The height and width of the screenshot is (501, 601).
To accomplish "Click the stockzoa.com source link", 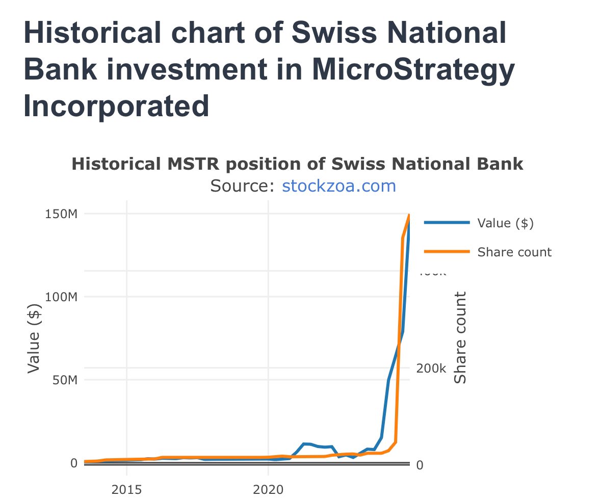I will coord(338,186).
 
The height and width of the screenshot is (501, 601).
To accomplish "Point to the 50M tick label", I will coord(65,380).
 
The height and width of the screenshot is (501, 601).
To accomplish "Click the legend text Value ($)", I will coord(505,223).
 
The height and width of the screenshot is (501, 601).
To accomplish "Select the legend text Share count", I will coord(514,252).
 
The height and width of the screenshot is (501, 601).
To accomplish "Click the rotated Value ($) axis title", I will coord(34,338).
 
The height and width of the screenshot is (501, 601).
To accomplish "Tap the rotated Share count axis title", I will coord(460,337).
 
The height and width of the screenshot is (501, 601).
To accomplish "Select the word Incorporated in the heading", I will coord(116,106).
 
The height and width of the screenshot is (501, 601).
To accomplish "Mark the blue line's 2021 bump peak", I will coord(305,444).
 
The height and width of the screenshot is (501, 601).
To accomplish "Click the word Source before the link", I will coord(242,186).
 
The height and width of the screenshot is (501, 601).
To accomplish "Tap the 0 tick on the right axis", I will coord(420,465).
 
